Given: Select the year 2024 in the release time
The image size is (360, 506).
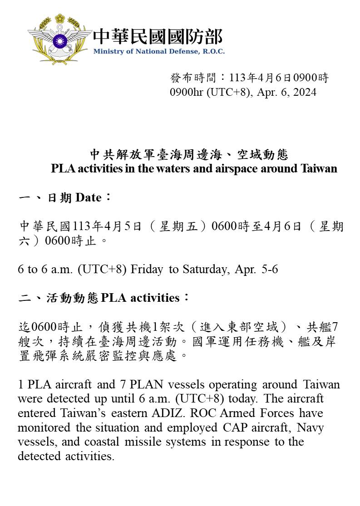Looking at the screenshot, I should pos(305,92).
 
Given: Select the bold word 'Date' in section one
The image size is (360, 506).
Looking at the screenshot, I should pos(89,198).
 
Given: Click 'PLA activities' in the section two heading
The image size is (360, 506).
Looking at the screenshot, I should pos(140,298).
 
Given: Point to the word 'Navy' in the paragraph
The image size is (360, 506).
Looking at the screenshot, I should pos(311,427).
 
